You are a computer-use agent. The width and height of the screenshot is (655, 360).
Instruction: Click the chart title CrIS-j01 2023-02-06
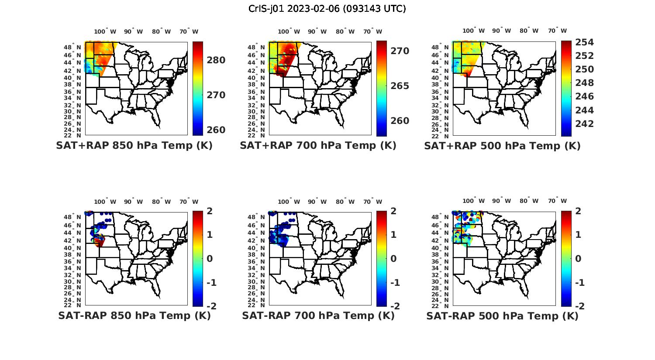tap(327, 9)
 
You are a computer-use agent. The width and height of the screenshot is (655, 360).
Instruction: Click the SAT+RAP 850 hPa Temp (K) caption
tap(134, 146)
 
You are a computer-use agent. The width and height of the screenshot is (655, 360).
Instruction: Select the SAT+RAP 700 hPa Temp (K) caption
tap(318, 146)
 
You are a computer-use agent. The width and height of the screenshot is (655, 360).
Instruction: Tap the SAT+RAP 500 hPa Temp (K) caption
tap(502, 146)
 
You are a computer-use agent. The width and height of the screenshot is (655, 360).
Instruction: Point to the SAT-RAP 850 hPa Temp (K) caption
tap(134, 315)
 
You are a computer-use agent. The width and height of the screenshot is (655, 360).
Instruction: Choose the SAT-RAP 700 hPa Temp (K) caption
tap(318, 315)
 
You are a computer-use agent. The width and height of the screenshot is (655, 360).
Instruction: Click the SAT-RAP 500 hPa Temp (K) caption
tap(502, 315)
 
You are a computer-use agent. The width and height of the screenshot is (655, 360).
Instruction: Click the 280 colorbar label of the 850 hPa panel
tap(216, 60)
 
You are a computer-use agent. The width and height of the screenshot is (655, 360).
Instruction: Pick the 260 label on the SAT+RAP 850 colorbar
tap(216, 130)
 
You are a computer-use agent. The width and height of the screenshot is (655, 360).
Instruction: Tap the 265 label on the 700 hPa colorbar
tap(400, 86)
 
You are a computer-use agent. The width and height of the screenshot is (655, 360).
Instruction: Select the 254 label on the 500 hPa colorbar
tap(584, 42)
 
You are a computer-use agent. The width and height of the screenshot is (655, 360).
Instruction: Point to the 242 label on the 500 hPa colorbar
tap(584, 124)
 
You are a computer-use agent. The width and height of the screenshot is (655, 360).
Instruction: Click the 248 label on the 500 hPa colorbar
tap(584, 83)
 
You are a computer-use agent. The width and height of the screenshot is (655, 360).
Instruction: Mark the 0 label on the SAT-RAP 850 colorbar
tap(209, 259)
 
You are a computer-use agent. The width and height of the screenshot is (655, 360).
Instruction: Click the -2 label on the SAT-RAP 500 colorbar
tap(578, 306)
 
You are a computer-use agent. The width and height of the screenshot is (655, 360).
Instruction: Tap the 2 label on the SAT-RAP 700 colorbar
tap(393, 211)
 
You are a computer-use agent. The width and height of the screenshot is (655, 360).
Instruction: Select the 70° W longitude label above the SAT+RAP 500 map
tap(558, 31)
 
